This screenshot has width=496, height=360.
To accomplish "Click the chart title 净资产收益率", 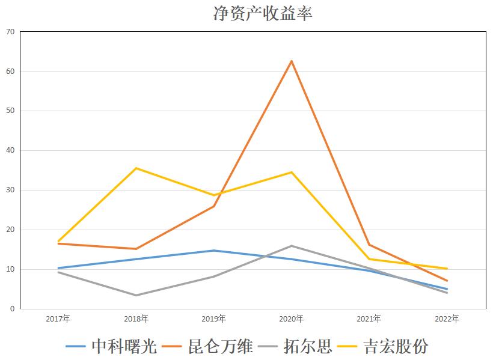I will [x=263, y=13].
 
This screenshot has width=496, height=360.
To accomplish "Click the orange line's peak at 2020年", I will [x=292, y=61].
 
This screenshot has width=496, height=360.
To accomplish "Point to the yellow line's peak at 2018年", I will [x=136, y=168].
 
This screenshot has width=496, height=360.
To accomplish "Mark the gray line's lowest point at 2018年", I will [x=136, y=295].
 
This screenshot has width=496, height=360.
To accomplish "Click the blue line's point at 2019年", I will [x=214, y=251].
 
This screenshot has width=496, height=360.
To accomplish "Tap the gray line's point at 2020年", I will [x=292, y=246].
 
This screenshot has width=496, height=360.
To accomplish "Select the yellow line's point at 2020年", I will [x=292, y=172].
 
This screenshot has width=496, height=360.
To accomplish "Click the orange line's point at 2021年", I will [x=369, y=245].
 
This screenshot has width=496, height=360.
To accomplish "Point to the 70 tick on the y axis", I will [x=10, y=31].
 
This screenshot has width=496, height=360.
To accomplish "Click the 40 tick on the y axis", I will [x=10, y=150].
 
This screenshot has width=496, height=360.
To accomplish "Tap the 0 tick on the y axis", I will [x=12, y=309].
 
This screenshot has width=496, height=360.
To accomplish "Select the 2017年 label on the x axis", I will [x=58, y=319].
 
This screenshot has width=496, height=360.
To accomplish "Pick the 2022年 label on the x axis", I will [x=447, y=319].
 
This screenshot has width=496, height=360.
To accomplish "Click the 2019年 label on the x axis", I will [x=214, y=319].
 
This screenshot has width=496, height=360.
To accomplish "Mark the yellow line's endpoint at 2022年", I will [x=447, y=269].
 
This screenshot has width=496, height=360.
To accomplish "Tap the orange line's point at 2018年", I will [x=136, y=249].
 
